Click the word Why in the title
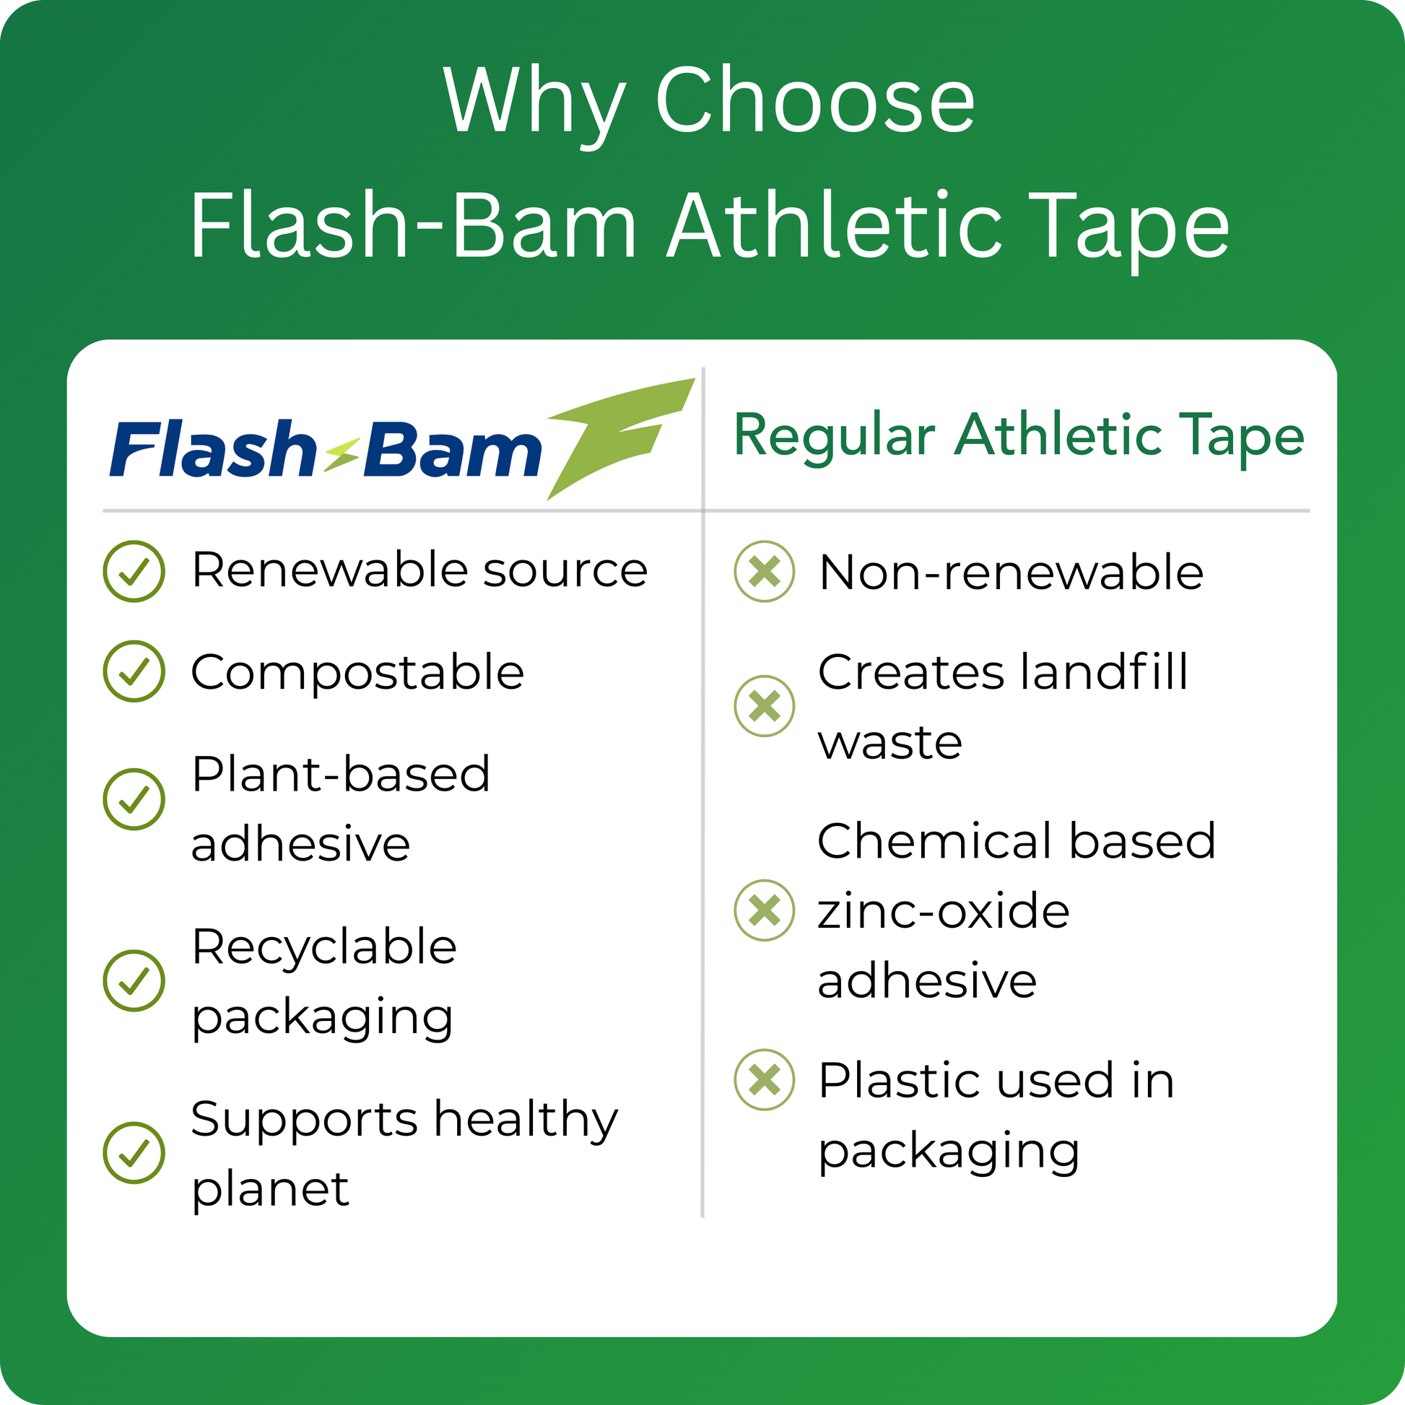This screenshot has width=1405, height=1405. click(x=534, y=103)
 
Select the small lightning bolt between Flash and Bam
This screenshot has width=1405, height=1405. click(x=341, y=456)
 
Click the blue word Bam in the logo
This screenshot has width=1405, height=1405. click(x=453, y=450)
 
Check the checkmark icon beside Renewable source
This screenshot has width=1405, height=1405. click(x=134, y=571)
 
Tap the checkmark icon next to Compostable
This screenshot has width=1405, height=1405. click(x=134, y=671)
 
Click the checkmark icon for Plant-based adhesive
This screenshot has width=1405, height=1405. click(x=134, y=799)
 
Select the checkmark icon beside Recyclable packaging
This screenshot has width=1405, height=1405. click(x=134, y=980)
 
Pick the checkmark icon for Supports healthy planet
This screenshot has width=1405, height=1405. click(x=134, y=1152)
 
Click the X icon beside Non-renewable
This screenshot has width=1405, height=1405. click(x=765, y=571)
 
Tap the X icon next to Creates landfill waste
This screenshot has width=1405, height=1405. click(x=765, y=705)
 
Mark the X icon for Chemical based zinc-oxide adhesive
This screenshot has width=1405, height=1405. click(x=765, y=910)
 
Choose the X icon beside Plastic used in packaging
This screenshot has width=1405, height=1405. click(x=765, y=1079)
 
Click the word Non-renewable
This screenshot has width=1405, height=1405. click(x=1012, y=573)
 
